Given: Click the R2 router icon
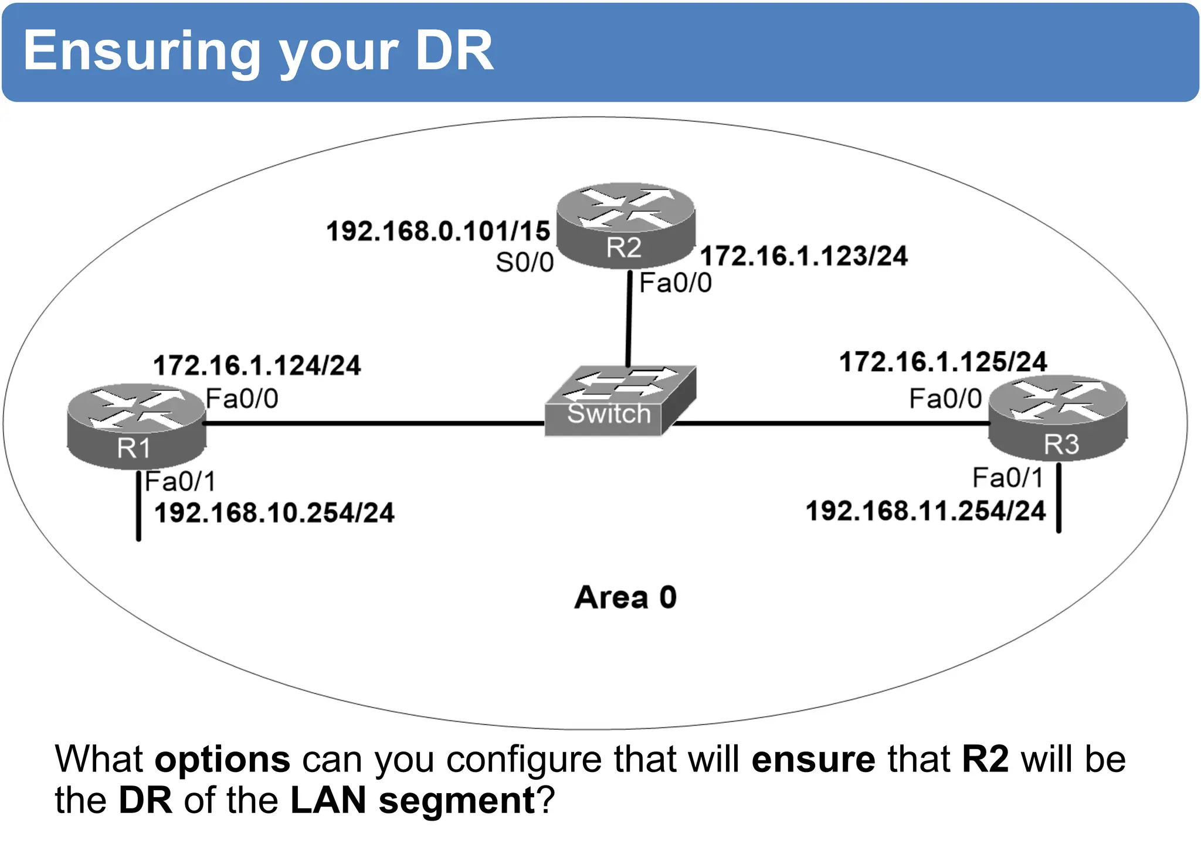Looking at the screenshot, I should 625,226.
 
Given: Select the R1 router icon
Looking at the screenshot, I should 136,426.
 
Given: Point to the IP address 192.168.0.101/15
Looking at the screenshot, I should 438,231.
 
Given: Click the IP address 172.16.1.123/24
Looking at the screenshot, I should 803,256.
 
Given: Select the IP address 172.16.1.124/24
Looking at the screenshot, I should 257,366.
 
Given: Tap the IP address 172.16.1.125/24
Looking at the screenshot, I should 942,362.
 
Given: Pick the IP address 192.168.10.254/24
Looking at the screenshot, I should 274,513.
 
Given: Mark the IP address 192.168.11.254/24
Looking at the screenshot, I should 925,511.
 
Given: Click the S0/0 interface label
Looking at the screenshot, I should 524,263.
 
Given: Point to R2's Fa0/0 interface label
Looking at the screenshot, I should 675,283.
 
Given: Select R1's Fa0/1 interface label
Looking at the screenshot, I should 180,482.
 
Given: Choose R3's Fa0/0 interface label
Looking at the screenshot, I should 945,399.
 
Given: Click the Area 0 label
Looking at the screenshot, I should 625,597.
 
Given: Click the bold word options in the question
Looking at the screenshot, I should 222,759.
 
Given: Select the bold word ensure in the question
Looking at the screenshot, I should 813,759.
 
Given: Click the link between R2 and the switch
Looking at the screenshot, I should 629,319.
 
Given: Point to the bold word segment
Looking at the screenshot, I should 457,800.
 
